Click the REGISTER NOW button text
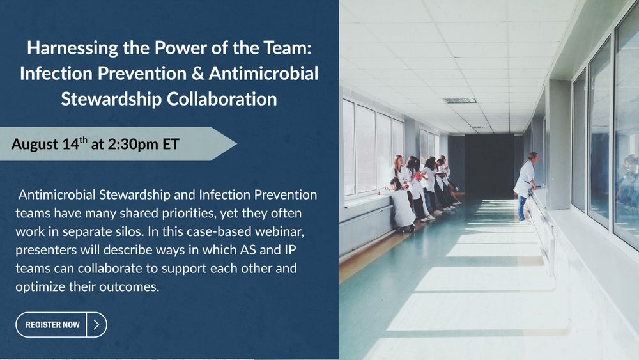click(x=52, y=325)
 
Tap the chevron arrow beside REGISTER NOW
click(x=96, y=325)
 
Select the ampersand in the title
click(x=197, y=74)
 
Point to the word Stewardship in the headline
click(x=111, y=99)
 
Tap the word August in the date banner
click(x=35, y=145)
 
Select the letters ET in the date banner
click(x=171, y=144)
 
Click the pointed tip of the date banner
click(x=236, y=143)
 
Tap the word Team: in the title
click(x=288, y=48)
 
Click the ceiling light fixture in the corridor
click(x=459, y=100)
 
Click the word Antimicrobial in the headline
click(x=264, y=74)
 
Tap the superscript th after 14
click(x=83, y=139)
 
